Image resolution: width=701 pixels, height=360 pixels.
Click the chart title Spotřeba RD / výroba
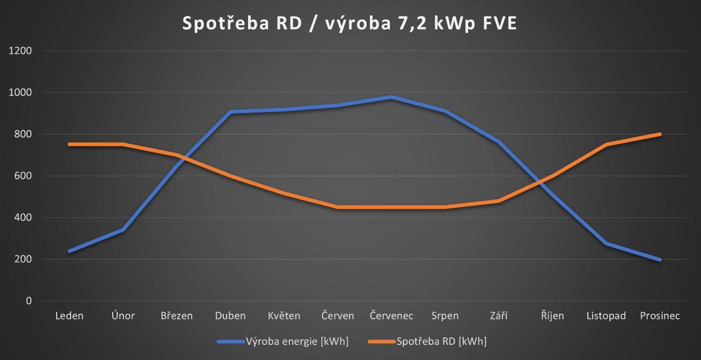[x=349, y=23]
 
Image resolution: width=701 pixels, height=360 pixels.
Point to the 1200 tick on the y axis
[x=20, y=51]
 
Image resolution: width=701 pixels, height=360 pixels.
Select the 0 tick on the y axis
[x=29, y=301]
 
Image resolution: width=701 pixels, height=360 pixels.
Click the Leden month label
[x=70, y=316]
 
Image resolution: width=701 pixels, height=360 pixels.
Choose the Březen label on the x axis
[x=176, y=316]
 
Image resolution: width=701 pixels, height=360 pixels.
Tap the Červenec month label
[x=391, y=316]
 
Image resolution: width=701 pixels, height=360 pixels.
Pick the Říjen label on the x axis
[x=552, y=316]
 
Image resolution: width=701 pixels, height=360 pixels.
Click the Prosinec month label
[x=659, y=316]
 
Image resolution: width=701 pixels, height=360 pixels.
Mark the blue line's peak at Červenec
[x=391, y=97]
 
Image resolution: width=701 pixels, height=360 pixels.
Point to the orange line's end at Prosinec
[x=659, y=134]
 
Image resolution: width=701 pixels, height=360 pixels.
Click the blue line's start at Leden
[x=70, y=251]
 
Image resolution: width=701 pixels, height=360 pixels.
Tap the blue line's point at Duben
[x=230, y=112]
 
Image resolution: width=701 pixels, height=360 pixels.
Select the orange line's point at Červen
[x=338, y=207]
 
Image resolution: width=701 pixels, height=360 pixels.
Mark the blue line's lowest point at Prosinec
[x=659, y=260]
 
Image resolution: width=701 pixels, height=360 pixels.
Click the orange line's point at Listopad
[x=606, y=144]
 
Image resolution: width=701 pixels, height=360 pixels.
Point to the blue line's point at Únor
[x=123, y=230]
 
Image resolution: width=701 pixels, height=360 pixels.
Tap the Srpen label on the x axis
[x=445, y=316]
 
